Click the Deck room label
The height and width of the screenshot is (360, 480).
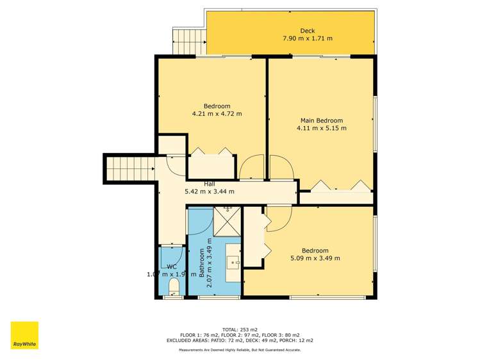pyautogui.click(x=308, y=31)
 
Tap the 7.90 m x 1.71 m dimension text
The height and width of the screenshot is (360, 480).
pyautogui.click(x=308, y=38)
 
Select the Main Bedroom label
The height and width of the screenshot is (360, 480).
pyautogui.click(x=322, y=120)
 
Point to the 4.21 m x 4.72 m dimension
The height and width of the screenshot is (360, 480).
pyautogui.click(x=217, y=114)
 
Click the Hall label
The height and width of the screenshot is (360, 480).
pyautogui.click(x=210, y=184)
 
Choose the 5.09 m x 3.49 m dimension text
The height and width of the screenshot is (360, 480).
pyautogui.click(x=315, y=258)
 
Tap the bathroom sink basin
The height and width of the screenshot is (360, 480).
pyautogui.click(x=233, y=261)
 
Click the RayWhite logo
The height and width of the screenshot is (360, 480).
pyautogui.click(x=24, y=336)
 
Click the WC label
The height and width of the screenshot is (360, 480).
pyautogui.click(x=171, y=266)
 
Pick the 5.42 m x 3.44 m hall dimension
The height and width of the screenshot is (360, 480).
pyautogui.click(x=210, y=191)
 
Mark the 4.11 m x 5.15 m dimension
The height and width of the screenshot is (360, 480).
pyautogui.click(x=322, y=128)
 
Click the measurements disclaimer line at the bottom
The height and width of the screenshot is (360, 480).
pyautogui.click(x=239, y=350)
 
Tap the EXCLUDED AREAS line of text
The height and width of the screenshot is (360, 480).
pyautogui.click(x=239, y=340)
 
